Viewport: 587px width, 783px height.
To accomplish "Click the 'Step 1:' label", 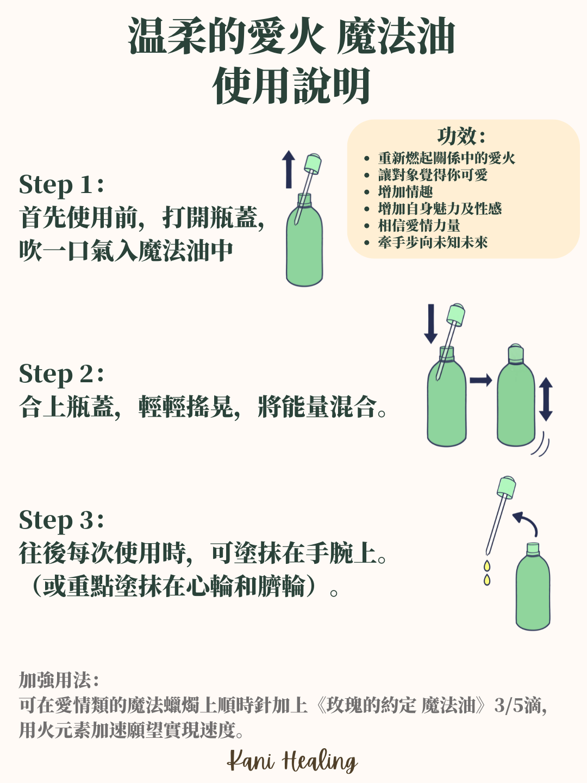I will point(61,185).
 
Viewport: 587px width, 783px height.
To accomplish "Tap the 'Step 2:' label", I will point(61,374).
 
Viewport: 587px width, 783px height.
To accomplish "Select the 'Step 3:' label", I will point(61,520).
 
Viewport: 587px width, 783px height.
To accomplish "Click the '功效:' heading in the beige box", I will point(461,136).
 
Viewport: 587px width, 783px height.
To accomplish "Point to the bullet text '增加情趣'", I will point(405,192).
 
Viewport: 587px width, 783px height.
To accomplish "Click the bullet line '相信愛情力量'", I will point(419,226).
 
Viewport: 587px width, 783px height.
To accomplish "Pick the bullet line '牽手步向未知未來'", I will point(433,243).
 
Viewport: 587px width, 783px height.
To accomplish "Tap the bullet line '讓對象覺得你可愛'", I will point(433,175).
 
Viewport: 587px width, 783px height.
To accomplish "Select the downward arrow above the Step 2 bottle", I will point(430,324).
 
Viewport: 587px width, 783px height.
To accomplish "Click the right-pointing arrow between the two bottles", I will point(480,380).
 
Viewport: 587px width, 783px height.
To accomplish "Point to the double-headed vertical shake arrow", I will point(546,400).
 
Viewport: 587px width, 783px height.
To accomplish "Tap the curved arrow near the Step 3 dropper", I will point(527,522).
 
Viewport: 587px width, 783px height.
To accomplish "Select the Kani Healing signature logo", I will point(292,761).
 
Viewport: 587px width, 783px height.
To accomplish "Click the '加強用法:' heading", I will point(59,680).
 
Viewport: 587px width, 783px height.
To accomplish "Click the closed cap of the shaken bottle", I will point(515,353).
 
